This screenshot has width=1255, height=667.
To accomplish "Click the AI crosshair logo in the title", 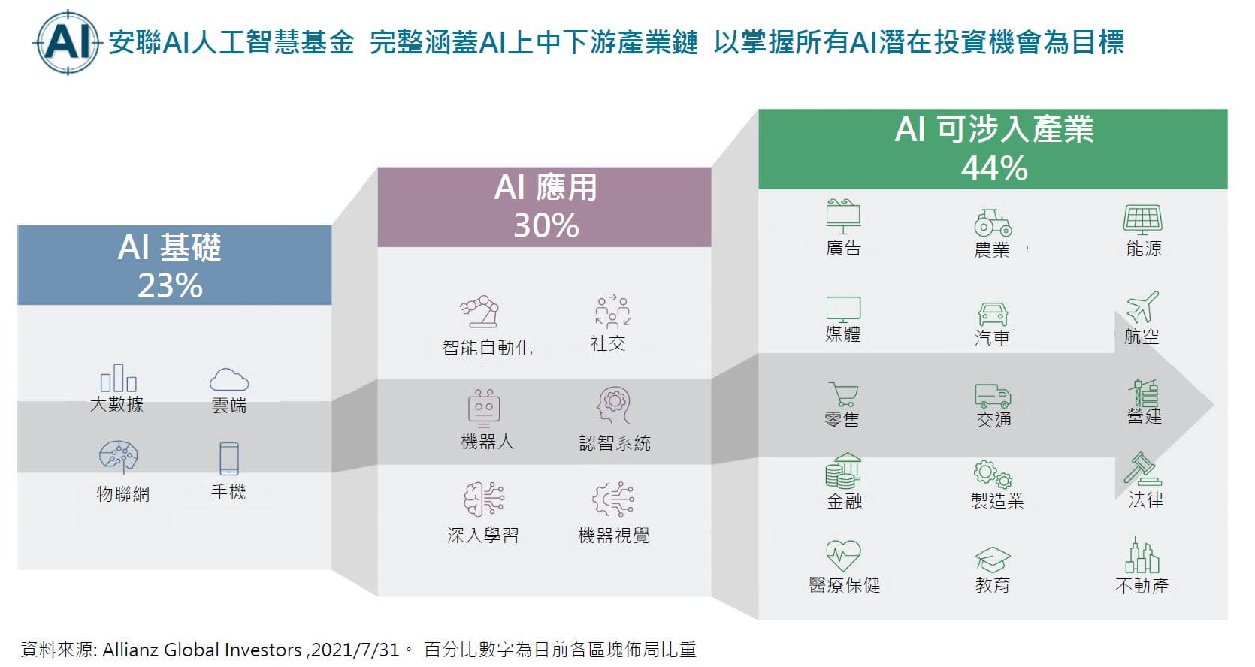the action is [x=67, y=42].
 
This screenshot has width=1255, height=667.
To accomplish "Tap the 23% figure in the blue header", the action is [x=170, y=285].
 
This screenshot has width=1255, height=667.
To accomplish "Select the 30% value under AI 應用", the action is [x=546, y=225].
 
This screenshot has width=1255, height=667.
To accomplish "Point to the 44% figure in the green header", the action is [x=994, y=168].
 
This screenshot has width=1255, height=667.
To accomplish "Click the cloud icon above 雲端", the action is [x=229, y=379].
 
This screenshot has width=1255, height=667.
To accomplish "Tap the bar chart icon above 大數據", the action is [x=118, y=378].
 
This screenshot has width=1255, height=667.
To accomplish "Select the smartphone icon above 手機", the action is [x=229, y=459].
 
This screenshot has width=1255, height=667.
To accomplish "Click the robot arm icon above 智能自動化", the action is [x=479, y=312].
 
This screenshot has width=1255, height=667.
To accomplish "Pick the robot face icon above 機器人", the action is [x=484, y=408].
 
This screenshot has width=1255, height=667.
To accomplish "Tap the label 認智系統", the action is [x=615, y=443].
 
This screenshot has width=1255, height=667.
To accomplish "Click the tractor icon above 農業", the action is [x=993, y=222].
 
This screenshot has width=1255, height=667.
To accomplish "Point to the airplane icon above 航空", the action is [x=1142, y=306].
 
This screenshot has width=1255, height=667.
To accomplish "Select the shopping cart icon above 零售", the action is [x=843, y=394].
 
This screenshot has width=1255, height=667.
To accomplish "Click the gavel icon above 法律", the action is [x=1142, y=469].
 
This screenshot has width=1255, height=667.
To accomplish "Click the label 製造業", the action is [x=997, y=500].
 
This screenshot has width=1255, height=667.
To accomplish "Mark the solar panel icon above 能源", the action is [x=1143, y=219].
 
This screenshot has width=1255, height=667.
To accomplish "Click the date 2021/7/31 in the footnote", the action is [x=355, y=650].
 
